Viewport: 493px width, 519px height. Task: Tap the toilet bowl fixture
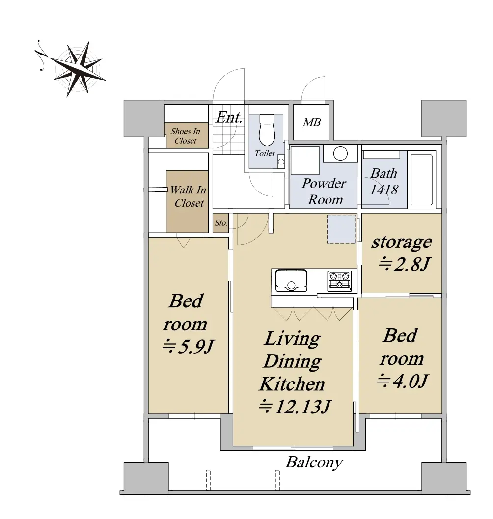[267, 130]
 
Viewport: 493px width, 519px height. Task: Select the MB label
[311, 122]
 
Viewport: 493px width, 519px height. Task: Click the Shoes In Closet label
[186, 136]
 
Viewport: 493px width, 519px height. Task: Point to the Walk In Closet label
[188, 196]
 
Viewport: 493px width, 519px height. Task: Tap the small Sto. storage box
[220, 223]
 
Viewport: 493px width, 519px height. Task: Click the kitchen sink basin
[291, 281]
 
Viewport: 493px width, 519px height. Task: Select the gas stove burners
[339, 281]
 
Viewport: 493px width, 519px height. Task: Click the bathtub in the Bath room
[421, 180]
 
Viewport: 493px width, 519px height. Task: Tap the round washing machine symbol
[340, 154]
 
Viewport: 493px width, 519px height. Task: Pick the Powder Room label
[324, 191]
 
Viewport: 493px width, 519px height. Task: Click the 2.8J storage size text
[404, 264]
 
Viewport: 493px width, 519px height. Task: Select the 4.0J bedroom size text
[403, 381]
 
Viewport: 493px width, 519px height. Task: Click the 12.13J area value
[295, 407]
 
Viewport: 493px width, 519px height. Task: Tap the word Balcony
[314, 463]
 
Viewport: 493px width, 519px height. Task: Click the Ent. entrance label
[229, 117]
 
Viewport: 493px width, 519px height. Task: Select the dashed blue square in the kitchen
[342, 229]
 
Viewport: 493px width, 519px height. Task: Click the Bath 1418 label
[384, 181]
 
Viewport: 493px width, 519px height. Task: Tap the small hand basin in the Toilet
[281, 162]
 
